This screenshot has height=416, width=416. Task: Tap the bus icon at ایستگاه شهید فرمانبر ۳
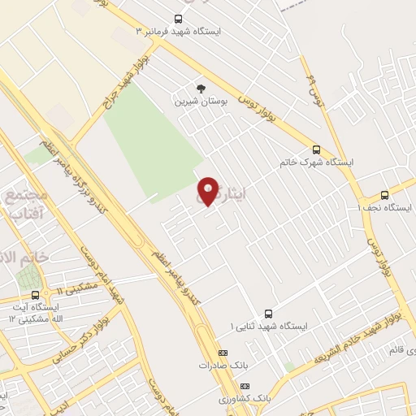point(179,19)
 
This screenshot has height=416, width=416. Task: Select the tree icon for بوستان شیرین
point(201,89)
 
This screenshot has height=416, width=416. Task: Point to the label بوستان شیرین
point(198,102)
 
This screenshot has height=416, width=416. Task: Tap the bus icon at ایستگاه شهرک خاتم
point(316,149)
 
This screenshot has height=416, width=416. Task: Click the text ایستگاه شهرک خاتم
point(317,162)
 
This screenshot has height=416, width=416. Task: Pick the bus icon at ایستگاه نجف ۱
point(384,194)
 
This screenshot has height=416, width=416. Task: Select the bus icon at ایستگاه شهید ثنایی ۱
point(269,314)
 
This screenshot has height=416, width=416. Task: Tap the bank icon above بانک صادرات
point(223,353)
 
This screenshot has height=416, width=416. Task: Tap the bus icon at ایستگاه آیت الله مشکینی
point(35,296)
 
